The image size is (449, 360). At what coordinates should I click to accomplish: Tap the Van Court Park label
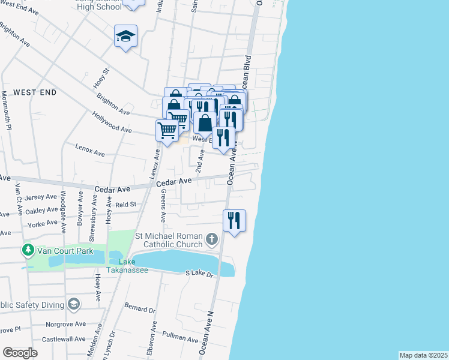click(x=63, y=250)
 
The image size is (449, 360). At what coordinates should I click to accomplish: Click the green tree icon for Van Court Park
click(x=27, y=249)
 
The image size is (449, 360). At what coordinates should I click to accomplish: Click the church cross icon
click(x=211, y=240)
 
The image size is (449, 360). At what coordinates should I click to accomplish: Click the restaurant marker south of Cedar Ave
click(x=234, y=220)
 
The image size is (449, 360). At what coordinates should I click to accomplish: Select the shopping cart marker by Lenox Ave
click(x=167, y=130)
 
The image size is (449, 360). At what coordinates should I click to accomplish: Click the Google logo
click(x=20, y=353)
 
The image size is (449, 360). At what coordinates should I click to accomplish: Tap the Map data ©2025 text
click(x=423, y=355)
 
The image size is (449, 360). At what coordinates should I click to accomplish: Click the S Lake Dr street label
click(x=200, y=274)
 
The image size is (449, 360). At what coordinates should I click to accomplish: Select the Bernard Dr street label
click(x=140, y=309)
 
